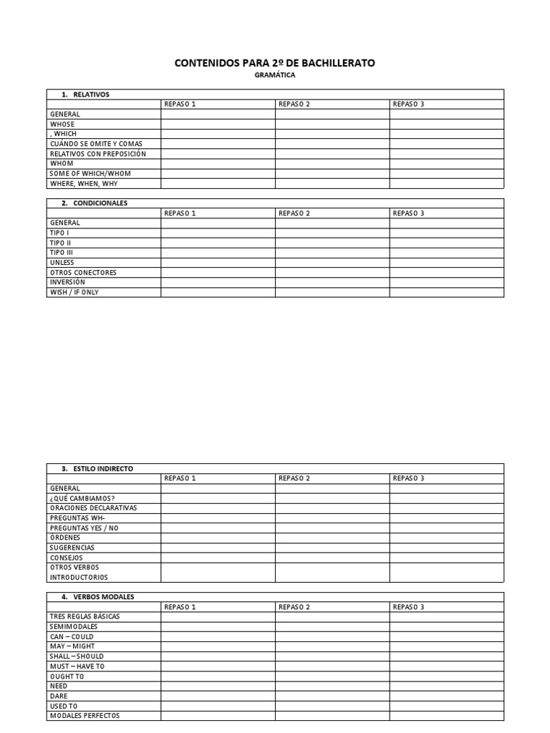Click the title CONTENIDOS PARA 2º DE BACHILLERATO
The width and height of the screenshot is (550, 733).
tap(274, 63)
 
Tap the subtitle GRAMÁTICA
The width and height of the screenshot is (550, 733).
tap(274, 75)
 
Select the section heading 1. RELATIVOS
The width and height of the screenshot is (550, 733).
tap(85, 94)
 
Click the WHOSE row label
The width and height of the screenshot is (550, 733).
tap(62, 124)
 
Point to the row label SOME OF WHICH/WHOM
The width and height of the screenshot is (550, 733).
tap(90, 173)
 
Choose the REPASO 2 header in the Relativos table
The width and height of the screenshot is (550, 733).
tap(294, 105)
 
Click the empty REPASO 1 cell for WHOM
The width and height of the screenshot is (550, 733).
tap(218, 163)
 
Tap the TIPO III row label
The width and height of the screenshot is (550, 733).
tap(62, 253)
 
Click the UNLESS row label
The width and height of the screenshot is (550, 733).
tap(62, 263)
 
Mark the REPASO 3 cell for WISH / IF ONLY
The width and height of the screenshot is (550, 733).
tap(446, 292)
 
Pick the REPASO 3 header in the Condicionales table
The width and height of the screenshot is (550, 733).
tap(409, 213)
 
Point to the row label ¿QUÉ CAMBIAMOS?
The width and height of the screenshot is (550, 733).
tap(82, 498)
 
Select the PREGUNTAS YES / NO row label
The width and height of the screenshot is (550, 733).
tap(85, 528)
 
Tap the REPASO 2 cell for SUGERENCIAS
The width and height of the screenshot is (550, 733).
tap(332, 548)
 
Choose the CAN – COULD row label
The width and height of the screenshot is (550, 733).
tap(72, 636)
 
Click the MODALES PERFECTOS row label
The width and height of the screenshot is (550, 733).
tap(85, 715)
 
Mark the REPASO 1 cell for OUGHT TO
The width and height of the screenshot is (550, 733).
tap(218, 676)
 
